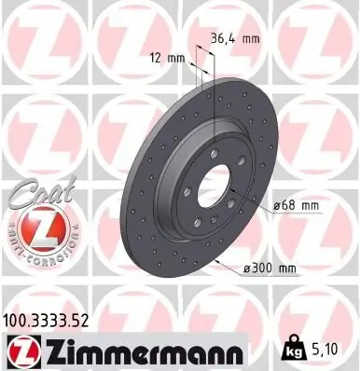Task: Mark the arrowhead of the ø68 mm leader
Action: click(230, 193)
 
